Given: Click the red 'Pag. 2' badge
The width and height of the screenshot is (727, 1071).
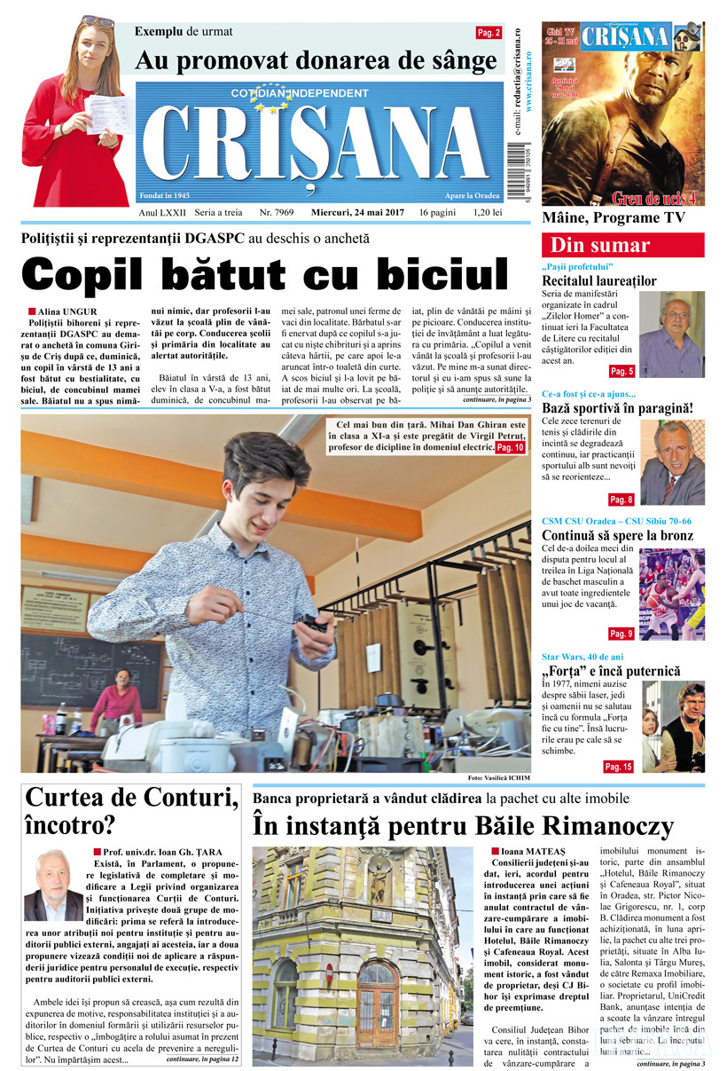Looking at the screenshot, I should coord(489,33).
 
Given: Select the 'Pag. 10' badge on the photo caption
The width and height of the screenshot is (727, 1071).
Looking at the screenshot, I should coord(509,448).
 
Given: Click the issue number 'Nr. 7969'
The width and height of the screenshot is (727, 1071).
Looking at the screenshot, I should coord(278,213).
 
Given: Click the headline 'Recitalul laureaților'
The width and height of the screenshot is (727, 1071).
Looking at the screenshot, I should coord(599,281).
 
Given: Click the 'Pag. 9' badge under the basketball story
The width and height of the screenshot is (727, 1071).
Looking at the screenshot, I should coord(621,634).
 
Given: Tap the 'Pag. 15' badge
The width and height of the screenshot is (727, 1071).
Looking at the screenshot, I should coord(617,767).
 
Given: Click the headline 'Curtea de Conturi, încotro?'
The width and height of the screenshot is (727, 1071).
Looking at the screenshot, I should coord(130,811).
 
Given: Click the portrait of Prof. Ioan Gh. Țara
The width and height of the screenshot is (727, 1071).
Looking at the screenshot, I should coord(53,885).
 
